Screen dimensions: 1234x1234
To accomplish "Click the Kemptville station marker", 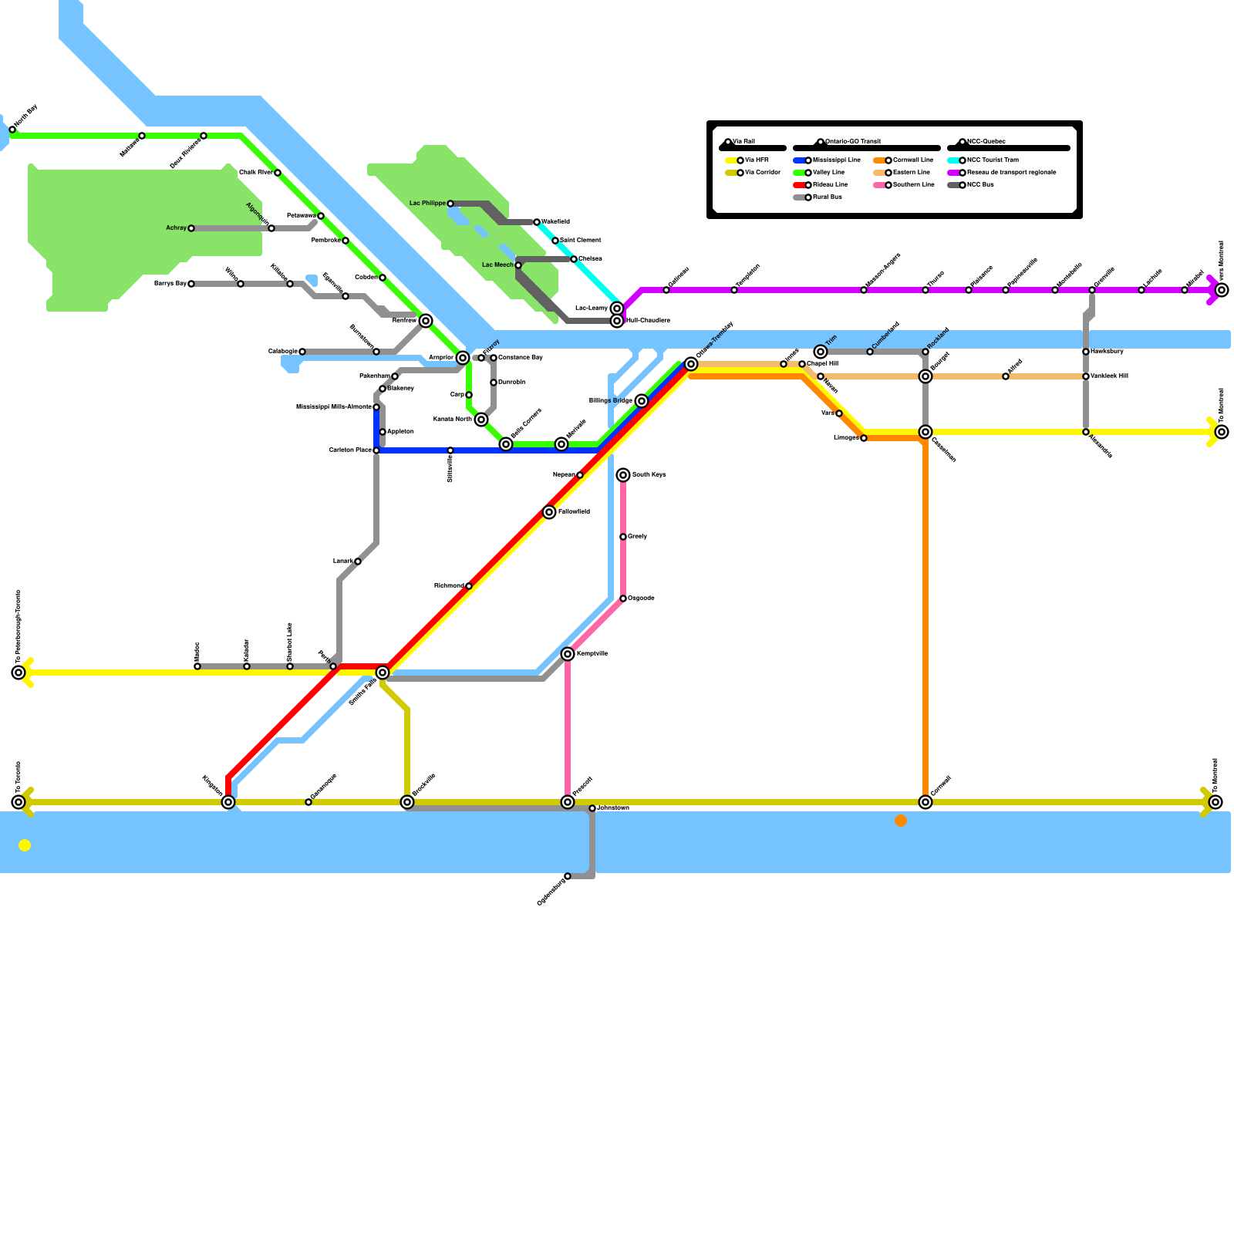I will click(568, 654).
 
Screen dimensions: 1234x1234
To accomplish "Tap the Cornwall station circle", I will click(925, 802).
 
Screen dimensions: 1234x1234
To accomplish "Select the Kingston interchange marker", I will click(228, 802).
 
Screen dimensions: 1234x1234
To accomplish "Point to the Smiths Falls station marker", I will click(383, 673).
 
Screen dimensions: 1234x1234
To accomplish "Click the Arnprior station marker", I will click(463, 358).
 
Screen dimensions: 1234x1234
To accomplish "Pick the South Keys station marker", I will click(623, 475).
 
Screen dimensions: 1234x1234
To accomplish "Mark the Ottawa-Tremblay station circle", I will click(691, 364).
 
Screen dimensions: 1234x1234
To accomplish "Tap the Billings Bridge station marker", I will click(642, 401).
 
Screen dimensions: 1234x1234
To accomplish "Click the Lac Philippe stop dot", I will click(450, 204).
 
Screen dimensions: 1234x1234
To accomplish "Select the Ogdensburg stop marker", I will click(568, 876).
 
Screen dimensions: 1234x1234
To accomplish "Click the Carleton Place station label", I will click(350, 450).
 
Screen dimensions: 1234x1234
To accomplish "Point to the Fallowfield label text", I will click(574, 512).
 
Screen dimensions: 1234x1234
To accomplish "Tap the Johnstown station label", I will click(613, 808).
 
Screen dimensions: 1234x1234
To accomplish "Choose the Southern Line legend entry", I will click(913, 185).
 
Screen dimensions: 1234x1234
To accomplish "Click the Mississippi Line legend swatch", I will click(799, 160).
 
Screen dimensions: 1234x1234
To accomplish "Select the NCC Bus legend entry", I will click(980, 185).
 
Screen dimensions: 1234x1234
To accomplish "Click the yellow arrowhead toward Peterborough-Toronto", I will click(28, 673).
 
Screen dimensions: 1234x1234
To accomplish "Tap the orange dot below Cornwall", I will click(901, 821).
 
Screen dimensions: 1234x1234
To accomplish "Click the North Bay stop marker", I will click(12, 130).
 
